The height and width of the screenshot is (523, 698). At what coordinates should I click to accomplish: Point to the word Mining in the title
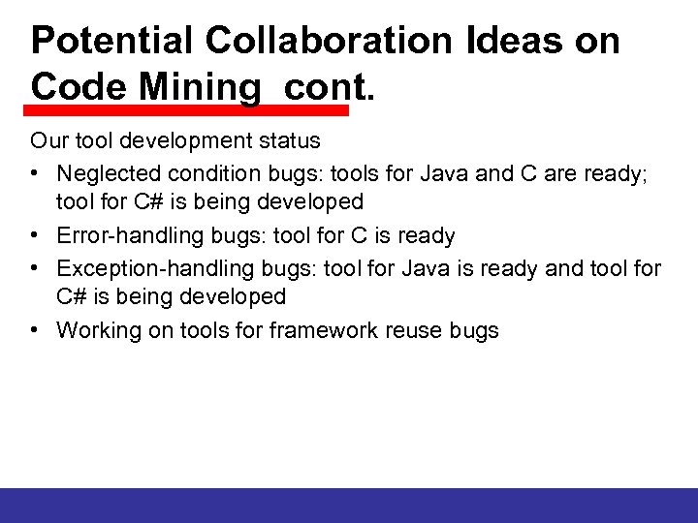pyautogui.click(x=200, y=87)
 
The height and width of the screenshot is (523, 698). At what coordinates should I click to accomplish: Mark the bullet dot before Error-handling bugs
pyautogui.click(x=36, y=235)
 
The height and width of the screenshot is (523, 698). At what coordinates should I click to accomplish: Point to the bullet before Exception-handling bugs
pyautogui.click(x=36, y=266)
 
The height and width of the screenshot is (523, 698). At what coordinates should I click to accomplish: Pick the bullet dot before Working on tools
pyautogui.click(x=36, y=330)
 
